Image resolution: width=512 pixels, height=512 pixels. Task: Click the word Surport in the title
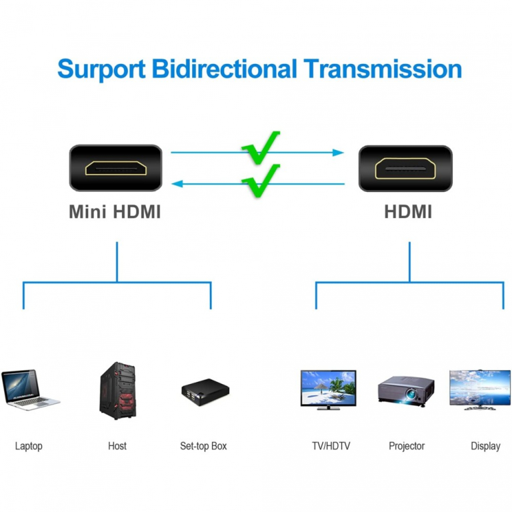pos(101,69)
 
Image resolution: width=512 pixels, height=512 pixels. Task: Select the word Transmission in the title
pos(382,69)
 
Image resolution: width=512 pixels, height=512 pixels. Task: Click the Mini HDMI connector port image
pos(116,168)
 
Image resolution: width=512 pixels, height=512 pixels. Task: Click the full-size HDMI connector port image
pos(405,168)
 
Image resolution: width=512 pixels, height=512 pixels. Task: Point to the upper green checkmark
pos(261,148)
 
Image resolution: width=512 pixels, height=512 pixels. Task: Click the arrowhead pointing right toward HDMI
pos(339,153)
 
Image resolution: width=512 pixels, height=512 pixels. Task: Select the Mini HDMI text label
pos(115,212)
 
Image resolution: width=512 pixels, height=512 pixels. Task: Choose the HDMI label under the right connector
pos(408,212)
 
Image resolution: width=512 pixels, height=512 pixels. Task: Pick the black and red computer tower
pos(117,391)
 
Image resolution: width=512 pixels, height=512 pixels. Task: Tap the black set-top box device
pos(203,392)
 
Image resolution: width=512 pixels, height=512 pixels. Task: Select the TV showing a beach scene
pos(329,389)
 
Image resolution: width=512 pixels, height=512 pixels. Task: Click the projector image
pos(406,390)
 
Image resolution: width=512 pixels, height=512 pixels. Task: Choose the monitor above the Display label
pos(479,389)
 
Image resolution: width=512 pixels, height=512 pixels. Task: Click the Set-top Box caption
pos(203,446)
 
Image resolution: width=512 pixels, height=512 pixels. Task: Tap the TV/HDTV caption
pos(331,446)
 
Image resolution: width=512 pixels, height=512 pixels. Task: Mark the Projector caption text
pos(407,446)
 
